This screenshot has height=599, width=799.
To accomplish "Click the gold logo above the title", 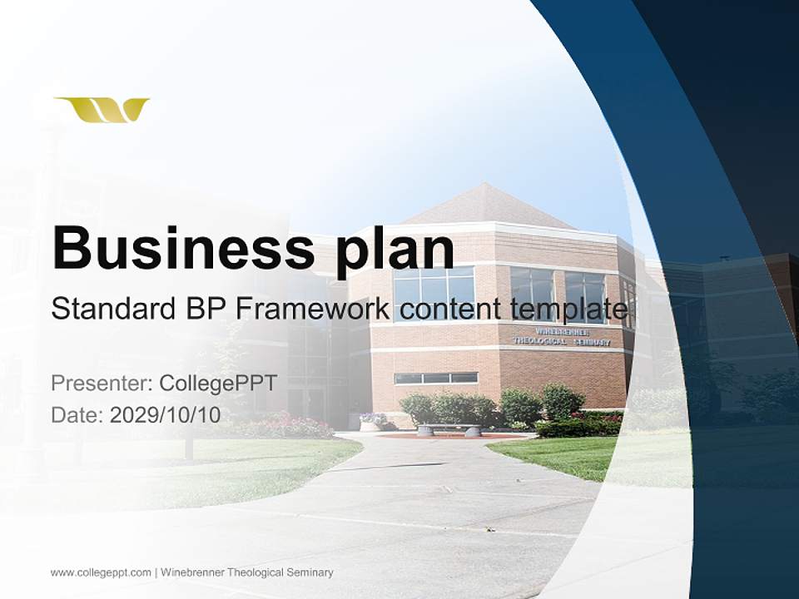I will point(102,110).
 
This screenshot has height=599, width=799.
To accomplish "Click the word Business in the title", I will point(183,247).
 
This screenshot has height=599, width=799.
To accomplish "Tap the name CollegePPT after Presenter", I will point(218,384).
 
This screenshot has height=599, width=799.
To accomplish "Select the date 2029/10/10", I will point(166,414).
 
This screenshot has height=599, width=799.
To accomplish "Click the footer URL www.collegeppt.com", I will point(101,572).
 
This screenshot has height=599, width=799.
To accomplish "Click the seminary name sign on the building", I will point(560,336).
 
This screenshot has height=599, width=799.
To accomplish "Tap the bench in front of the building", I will point(449,430).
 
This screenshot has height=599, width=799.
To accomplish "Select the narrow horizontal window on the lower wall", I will point(435,378).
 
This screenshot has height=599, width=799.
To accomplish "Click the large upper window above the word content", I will point(434,287).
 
